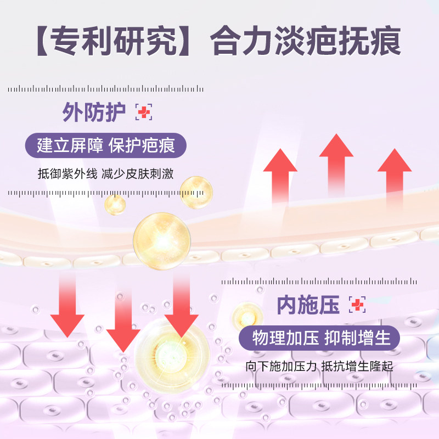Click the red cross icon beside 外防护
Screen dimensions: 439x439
[144, 112]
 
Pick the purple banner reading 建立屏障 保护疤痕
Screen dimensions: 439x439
[106, 147]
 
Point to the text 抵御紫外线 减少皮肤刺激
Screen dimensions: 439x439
[106, 174]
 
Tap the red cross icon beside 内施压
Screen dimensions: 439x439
[358, 305]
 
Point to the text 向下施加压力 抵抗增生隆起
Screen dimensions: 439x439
[319, 366]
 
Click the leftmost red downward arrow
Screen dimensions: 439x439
[67, 307]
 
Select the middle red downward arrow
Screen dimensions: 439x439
[123, 321]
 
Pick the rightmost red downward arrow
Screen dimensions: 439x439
[181, 307]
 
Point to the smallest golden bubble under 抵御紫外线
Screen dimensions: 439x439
[115, 204]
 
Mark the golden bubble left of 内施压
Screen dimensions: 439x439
[247, 317]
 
